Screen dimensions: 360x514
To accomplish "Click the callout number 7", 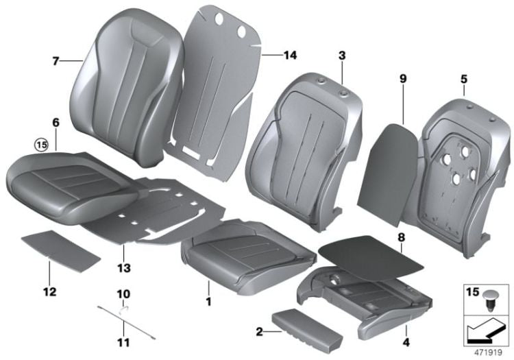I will (56, 61).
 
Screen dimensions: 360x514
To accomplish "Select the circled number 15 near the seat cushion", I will (43, 145).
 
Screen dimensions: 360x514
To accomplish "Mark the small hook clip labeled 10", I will (124, 308).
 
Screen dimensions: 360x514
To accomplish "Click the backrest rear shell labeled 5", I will (456, 165).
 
